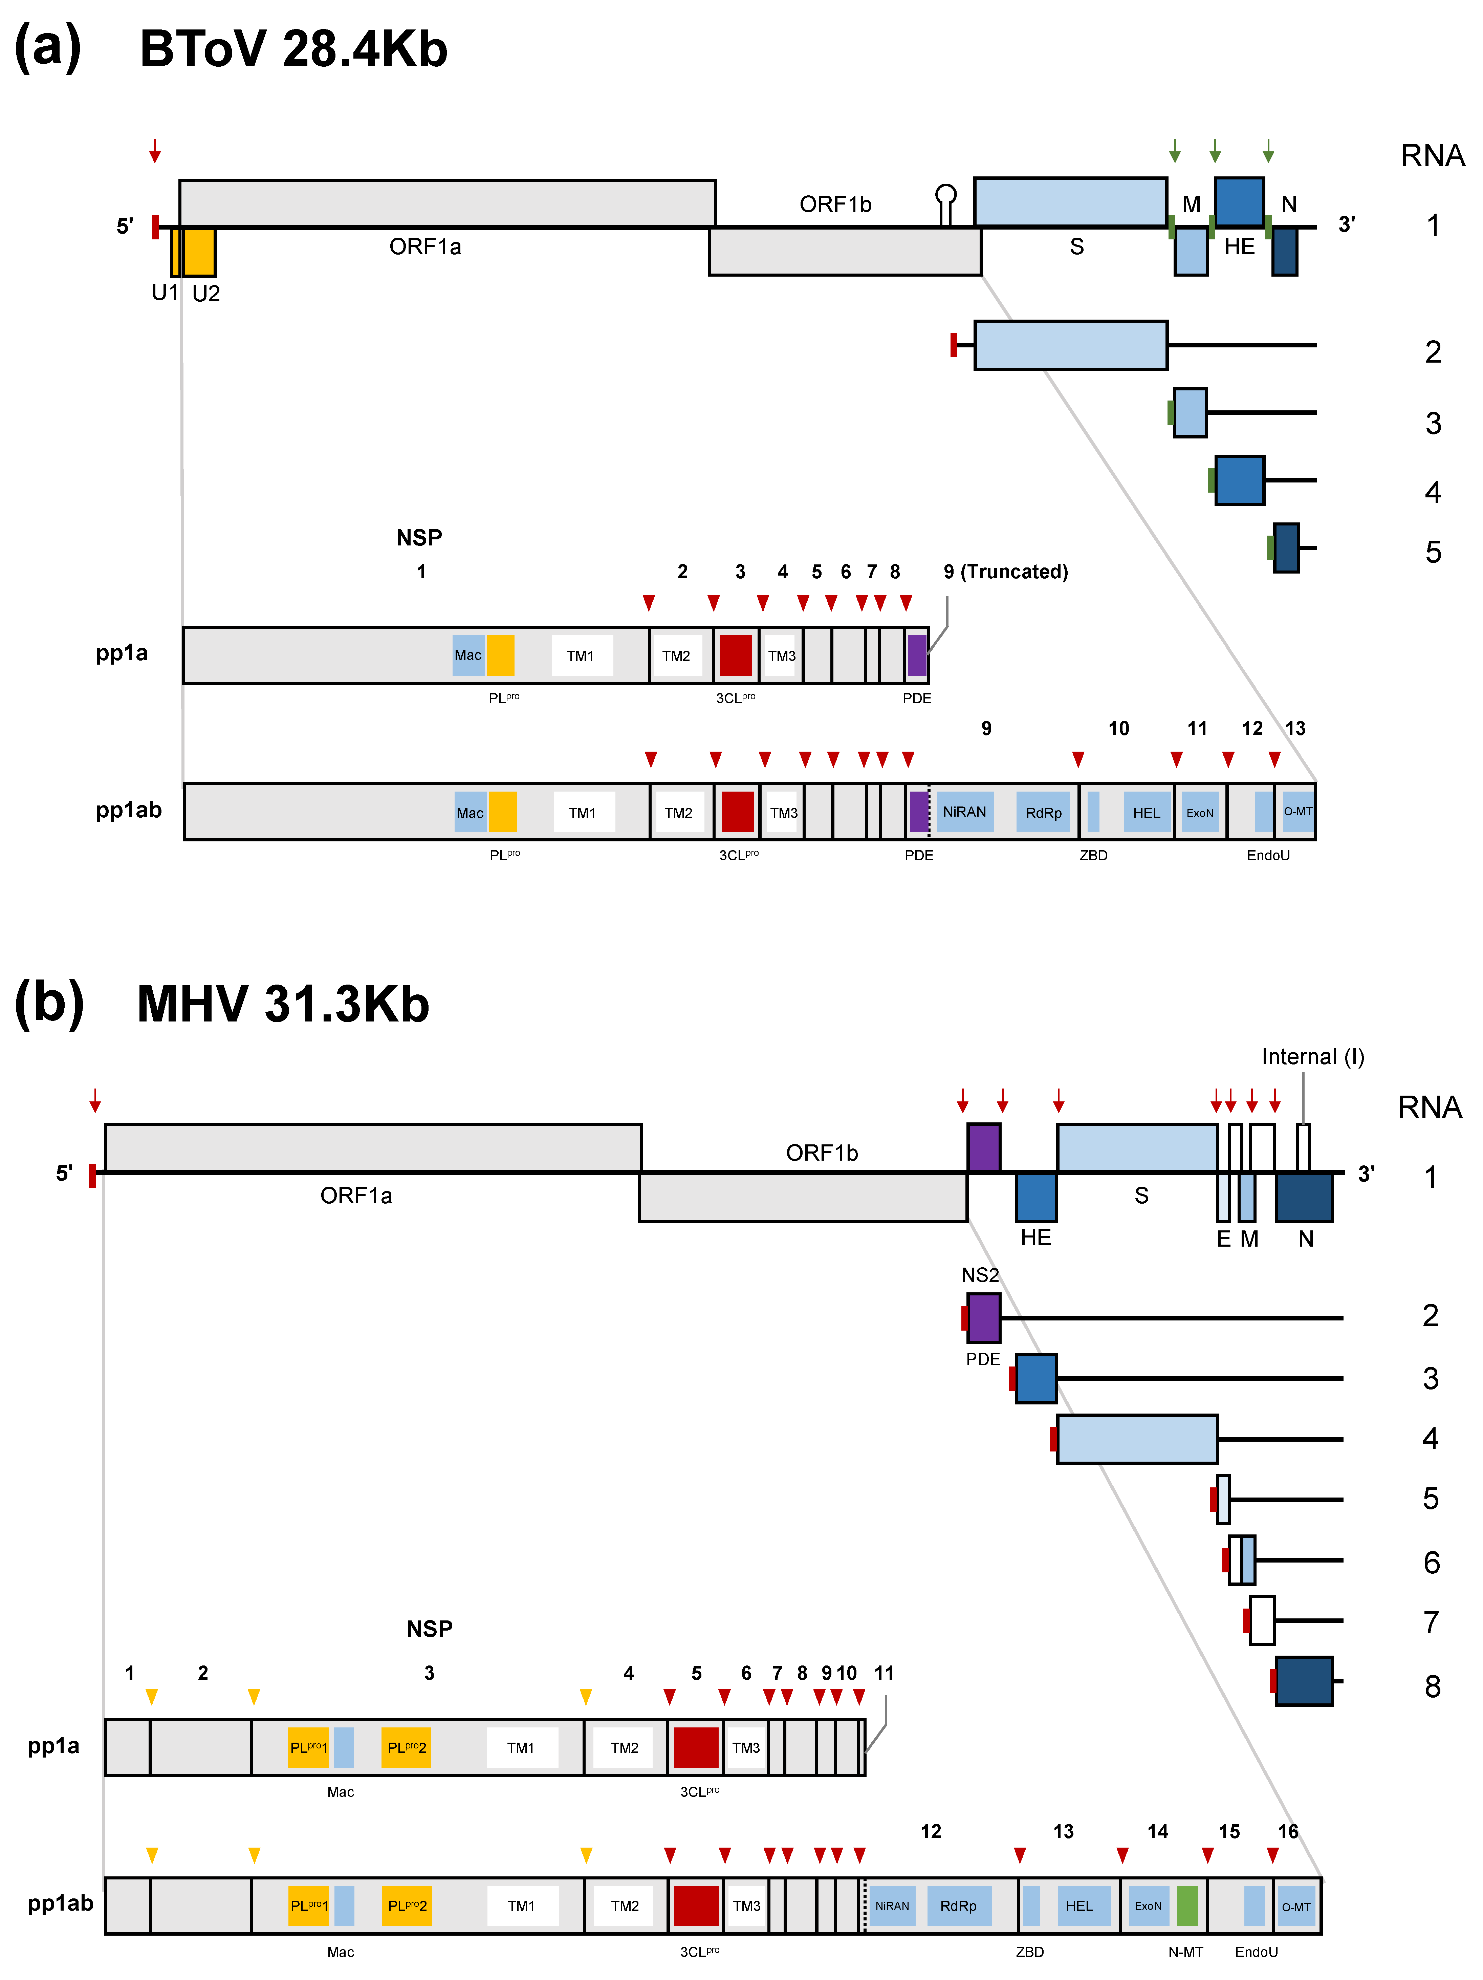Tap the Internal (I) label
tap(1312, 1057)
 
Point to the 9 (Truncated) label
tap(1005, 572)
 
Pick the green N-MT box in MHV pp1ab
tap(1187, 1906)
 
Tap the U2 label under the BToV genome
tap(206, 294)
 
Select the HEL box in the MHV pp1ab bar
tap(1079, 1906)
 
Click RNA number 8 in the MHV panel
tap(1432, 1686)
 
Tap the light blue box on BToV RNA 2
tap(1070, 345)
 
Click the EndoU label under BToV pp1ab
tap(1268, 856)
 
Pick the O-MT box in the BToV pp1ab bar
tap(1298, 812)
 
